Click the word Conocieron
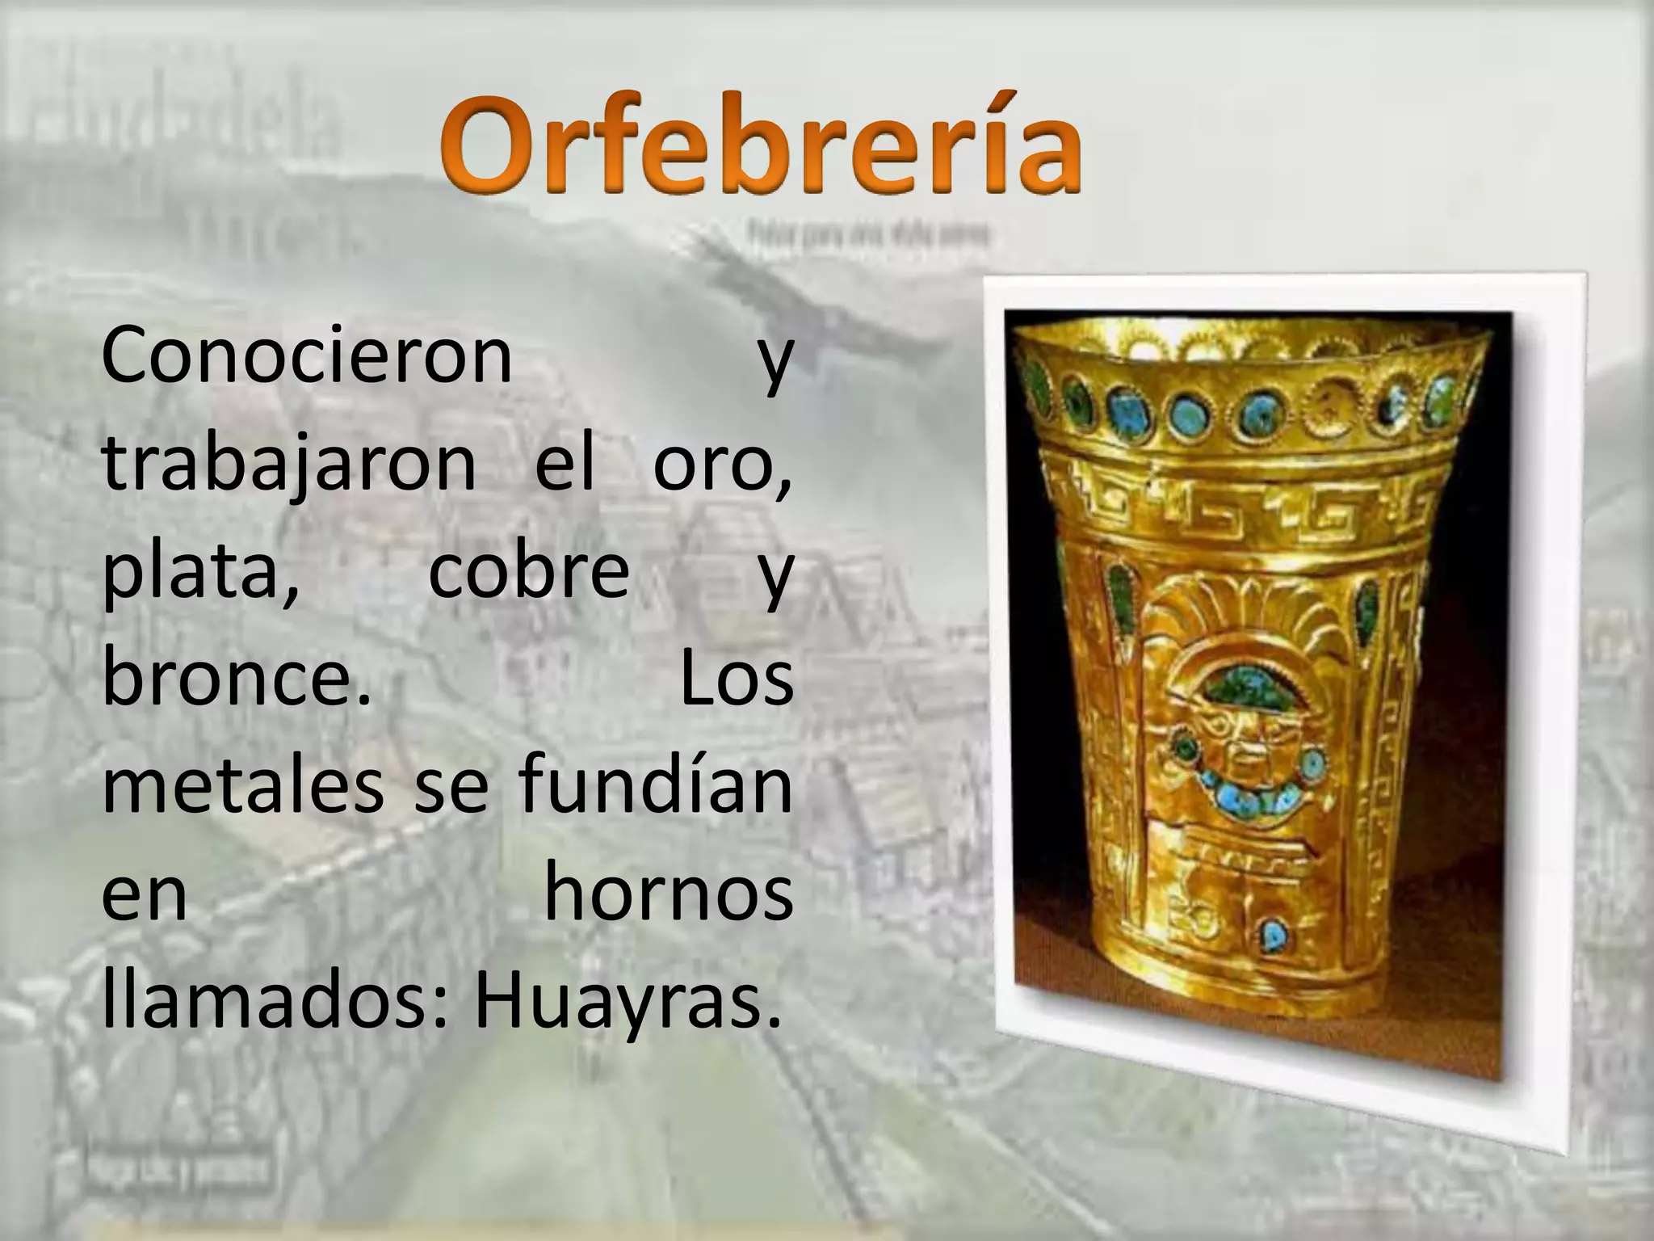[307, 355]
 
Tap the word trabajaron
[289, 465]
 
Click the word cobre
[528, 570]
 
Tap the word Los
[736, 679]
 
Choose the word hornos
[669, 893]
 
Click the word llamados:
[275, 1002]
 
